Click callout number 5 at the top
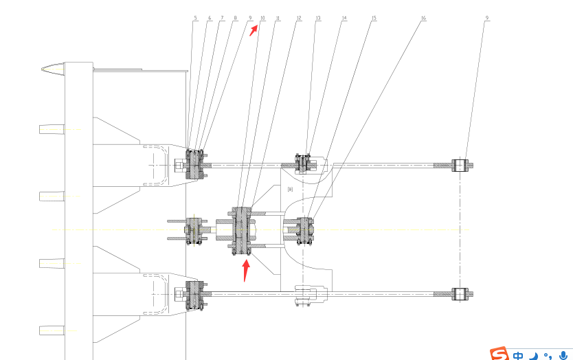tap(195, 18)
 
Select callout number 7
tap(222, 18)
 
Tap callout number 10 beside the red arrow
tap(262, 19)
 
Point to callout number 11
tap(277, 18)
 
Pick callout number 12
tap(298, 18)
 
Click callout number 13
tap(317, 18)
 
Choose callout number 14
tap(344, 18)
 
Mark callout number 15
tap(373, 18)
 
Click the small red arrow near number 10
tap(254, 31)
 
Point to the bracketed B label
tap(290, 189)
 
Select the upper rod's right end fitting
tap(460, 166)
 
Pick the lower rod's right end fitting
tap(460, 295)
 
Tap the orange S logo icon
tap(499, 354)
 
